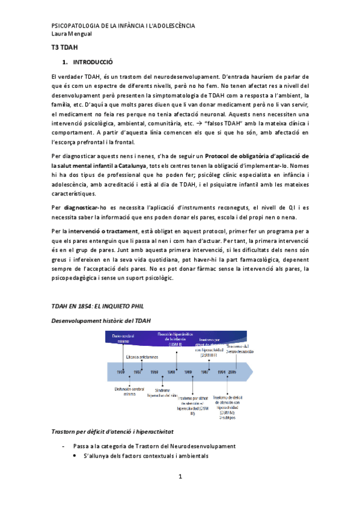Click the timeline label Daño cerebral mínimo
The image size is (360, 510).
[x=123, y=339]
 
